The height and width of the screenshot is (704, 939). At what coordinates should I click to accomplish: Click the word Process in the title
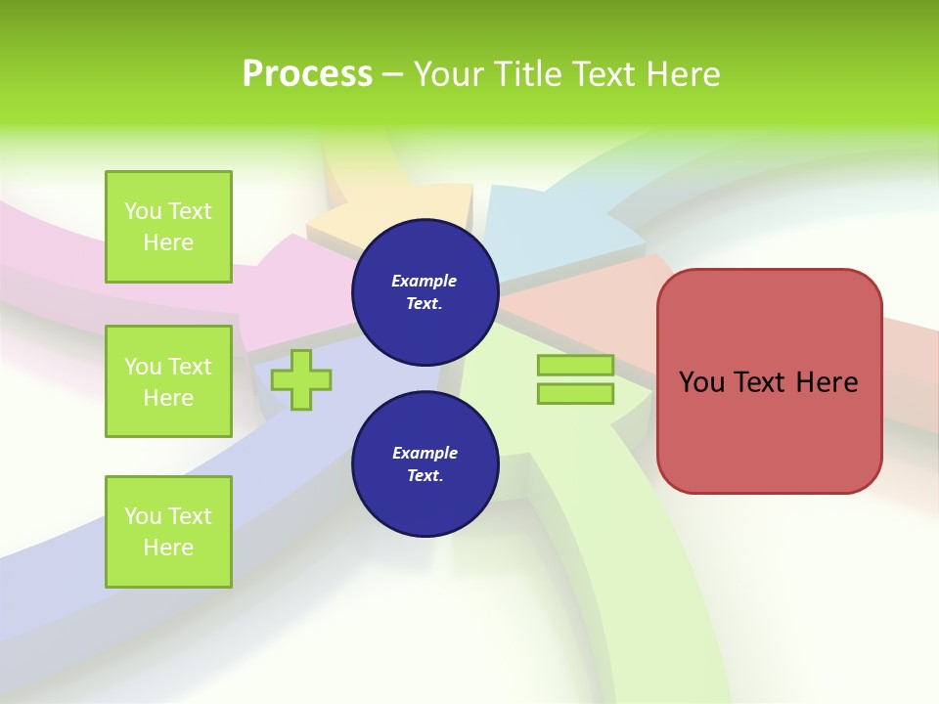click(x=307, y=74)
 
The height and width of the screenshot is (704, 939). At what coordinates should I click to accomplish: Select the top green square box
click(x=168, y=227)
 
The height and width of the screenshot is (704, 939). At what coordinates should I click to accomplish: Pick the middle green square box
click(x=168, y=381)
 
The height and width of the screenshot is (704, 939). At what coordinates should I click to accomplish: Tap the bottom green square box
click(x=168, y=532)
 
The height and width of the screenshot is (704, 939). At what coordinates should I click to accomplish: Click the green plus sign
click(x=301, y=379)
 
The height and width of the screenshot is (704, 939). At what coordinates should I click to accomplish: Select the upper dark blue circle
click(x=425, y=292)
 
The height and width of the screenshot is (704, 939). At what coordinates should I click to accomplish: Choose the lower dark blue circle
click(x=425, y=464)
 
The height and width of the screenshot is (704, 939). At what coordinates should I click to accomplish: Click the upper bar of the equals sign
click(x=575, y=365)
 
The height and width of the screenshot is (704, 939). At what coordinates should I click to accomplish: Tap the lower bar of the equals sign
click(x=575, y=393)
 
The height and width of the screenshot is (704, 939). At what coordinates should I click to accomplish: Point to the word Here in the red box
click(x=827, y=382)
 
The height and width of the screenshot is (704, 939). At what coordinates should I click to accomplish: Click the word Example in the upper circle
click(x=425, y=281)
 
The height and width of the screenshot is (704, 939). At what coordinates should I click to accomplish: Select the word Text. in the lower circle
click(x=425, y=476)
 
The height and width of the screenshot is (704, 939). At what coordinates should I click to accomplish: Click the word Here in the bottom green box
click(x=168, y=548)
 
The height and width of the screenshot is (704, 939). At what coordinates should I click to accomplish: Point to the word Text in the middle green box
click(x=190, y=367)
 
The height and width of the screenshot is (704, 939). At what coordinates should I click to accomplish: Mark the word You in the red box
click(x=702, y=382)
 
